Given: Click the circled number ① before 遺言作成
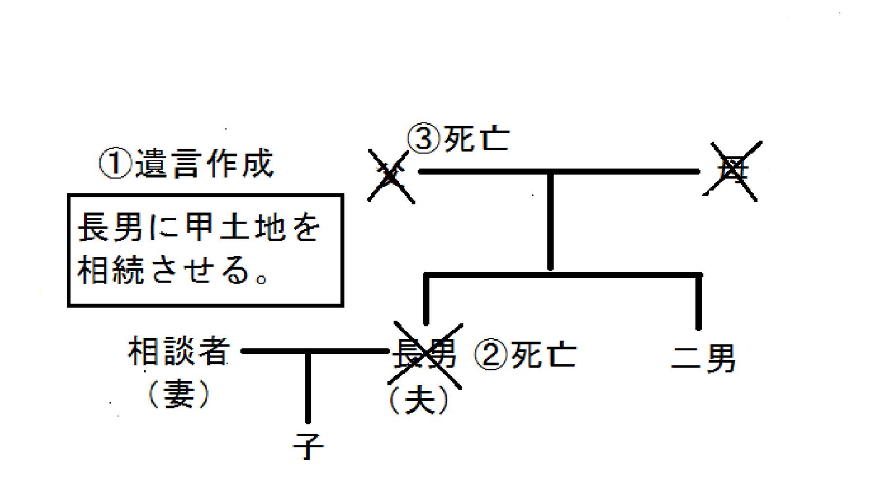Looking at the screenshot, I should (x=115, y=164).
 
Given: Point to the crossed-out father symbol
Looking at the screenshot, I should (x=391, y=175).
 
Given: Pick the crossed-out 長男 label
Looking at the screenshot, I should (x=425, y=354).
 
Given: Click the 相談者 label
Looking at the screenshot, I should (x=179, y=351).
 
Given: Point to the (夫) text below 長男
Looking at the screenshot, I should (x=419, y=401).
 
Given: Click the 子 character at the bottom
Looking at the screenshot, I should (x=308, y=446).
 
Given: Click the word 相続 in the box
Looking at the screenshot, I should (x=111, y=269).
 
